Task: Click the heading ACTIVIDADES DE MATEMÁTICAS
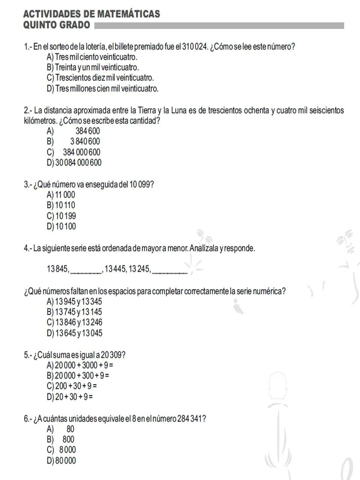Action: click(x=92, y=14)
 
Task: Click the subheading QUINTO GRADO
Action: click(x=57, y=25)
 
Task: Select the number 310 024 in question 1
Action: click(x=195, y=47)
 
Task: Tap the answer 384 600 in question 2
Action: click(x=87, y=131)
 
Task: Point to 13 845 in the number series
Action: click(x=57, y=269)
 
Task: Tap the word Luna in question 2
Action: click(x=178, y=110)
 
